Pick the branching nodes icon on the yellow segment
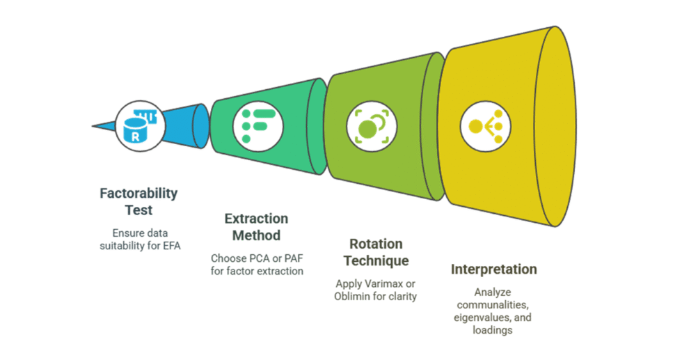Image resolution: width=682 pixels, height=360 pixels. [x=485, y=126]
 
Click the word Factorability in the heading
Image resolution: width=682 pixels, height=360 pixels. [x=138, y=194]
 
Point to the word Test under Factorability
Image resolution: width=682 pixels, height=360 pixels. [x=138, y=208]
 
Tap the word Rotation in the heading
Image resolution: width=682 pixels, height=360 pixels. [x=376, y=244]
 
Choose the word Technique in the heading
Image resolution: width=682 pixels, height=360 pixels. [x=376, y=260]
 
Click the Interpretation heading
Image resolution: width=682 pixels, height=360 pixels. [x=493, y=269]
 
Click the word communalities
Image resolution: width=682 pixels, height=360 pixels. [x=493, y=305]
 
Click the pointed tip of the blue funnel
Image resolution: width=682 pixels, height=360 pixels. [x=94, y=126]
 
